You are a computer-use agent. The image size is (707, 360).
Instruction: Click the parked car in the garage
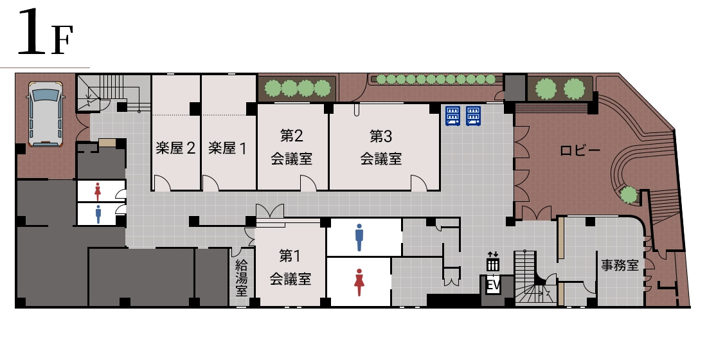(45, 114)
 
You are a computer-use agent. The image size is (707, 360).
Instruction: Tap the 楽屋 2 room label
(176, 148)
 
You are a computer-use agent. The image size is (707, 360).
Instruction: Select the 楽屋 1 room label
(228, 148)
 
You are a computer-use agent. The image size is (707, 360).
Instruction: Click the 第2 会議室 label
(291, 147)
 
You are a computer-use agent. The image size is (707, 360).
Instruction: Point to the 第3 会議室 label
(381, 147)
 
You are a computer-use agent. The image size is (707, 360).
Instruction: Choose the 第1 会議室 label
(291, 267)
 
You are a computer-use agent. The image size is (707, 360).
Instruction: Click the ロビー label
(580, 150)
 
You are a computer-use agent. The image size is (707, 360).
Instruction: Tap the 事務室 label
(620, 265)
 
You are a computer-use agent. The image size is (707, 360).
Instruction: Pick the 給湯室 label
(242, 278)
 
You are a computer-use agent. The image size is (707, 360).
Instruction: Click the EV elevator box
(494, 285)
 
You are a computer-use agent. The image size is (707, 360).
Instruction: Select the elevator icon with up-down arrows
(493, 262)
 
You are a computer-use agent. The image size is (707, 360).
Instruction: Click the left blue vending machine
(452, 116)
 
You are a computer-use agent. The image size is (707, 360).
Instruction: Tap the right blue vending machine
(474, 116)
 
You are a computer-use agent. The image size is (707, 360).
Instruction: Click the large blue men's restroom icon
(359, 237)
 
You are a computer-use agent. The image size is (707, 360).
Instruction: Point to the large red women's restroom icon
(359, 282)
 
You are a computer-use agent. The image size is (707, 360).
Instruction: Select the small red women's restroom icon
(98, 192)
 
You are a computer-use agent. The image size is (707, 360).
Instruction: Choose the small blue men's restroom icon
(98, 214)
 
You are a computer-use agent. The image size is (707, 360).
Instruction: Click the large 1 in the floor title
(32, 32)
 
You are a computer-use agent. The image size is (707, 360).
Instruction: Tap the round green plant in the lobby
(629, 195)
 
